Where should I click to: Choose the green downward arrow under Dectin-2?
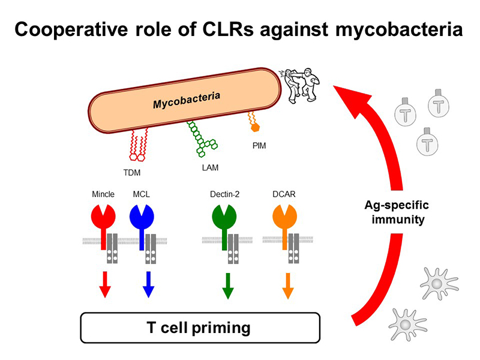coord(227,284)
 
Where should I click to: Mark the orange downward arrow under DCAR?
coord(287,284)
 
